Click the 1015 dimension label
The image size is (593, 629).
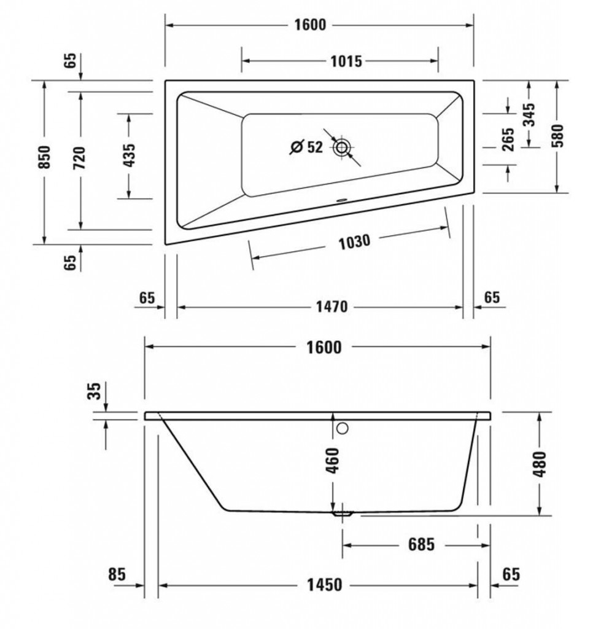click(346, 61)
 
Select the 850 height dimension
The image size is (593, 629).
click(44, 157)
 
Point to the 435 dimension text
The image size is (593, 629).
click(129, 155)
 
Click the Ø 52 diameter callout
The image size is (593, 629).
click(306, 147)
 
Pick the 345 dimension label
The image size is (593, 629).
click(529, 115)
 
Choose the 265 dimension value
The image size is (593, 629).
click(508, 139)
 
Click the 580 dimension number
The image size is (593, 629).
click(557, 136)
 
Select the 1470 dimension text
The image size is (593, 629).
click(331, 307)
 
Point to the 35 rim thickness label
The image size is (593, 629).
click(94, 391)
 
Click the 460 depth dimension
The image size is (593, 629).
click(332, 460)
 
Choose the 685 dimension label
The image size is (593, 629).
click(421, 544)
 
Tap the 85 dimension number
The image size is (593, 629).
click(117, 574)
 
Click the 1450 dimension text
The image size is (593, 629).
click(324, 585)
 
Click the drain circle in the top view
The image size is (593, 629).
click(341, 147)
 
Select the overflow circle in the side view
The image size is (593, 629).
click(342, 428)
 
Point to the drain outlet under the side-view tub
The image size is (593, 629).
click(342, 514)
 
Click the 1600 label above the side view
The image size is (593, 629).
click(324, 348)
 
